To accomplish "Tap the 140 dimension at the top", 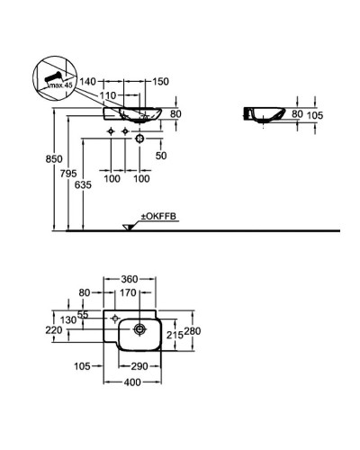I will [87, 80].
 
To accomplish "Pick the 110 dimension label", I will [110, 94].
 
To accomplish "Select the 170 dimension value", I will [130, 292].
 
